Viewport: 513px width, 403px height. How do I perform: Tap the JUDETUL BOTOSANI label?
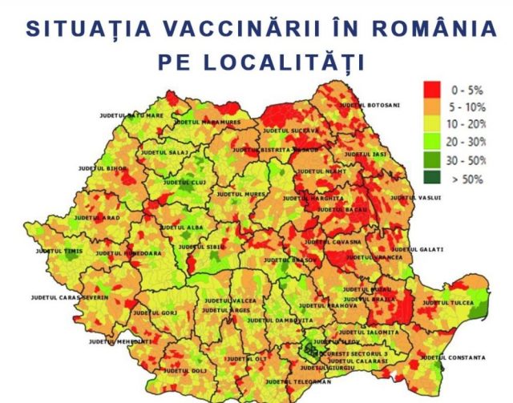[x=370, y=105]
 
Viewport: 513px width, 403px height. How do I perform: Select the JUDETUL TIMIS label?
[x=59, y=251]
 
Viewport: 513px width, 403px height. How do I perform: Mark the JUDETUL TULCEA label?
[x=448, y=303]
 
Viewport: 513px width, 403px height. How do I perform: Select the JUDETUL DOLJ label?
[x=185, y=371]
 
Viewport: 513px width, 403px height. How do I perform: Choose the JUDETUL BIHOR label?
[x=103, y=168]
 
